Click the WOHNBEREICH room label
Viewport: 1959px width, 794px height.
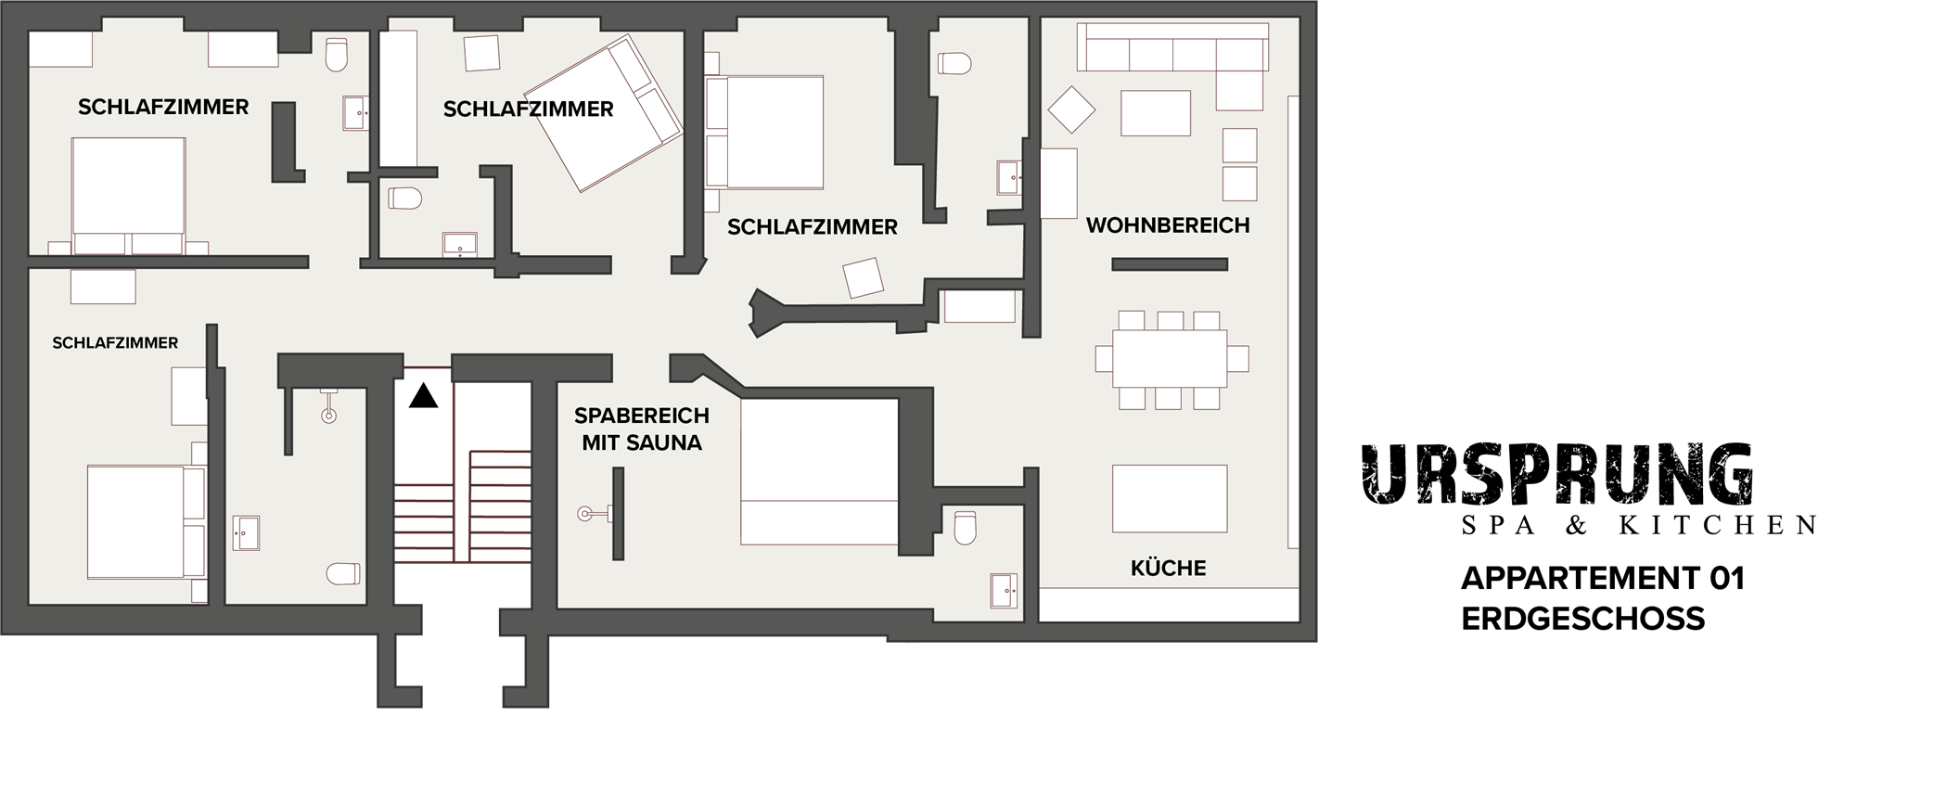[x=1168, y=225]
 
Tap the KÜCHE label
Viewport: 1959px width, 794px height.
[x=1169, y=568]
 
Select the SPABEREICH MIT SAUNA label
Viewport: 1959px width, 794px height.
[x=642, y=429]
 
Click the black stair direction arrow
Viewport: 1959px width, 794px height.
[x=424, y=396]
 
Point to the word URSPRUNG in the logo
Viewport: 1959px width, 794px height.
[x=1557, y=474]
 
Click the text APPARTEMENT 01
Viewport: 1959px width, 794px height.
[x=1603, y=579]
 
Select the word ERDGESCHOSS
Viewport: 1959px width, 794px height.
[x=1583, y=619]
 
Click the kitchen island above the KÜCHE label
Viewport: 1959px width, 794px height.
[x=1170, y=498]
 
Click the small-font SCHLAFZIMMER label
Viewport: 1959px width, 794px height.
[x=115, y=343]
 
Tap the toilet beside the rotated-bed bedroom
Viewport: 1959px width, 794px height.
[x=405, y=198]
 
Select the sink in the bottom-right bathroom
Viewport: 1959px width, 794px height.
[x=1004, y=591]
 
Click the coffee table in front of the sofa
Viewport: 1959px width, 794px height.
[x=1156, y=113]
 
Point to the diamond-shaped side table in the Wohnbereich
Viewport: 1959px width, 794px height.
[x=1071, y=110]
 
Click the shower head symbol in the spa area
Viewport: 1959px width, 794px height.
[x=584, y=513]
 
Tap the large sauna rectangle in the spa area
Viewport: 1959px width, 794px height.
[x=819, y=471]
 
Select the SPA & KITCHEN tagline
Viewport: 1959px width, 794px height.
[x=1639, y=526]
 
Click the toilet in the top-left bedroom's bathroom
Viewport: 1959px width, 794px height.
[x=336, y=55]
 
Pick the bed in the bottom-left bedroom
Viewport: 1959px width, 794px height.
[x=146, y=522]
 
